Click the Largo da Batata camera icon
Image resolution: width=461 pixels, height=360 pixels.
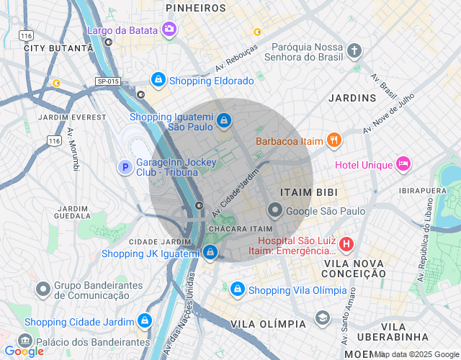(169, 29)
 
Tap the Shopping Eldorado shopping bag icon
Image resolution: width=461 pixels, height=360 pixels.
(158, 79)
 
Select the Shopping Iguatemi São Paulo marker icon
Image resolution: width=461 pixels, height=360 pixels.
(224, 120)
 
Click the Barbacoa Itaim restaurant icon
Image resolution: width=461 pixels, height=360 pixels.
(334, 140)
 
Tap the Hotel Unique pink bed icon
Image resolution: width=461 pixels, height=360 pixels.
(403, 164)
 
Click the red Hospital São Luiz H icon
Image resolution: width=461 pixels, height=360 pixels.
(346, 244)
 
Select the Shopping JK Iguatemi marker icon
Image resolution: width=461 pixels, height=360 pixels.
(210, 252)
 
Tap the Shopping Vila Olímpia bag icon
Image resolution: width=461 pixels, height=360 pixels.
(237, 289)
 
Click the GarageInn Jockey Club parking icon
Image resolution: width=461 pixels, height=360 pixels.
(125, 167)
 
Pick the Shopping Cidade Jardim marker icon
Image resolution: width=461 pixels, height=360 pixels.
(145, 320)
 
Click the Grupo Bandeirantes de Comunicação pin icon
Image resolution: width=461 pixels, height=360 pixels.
(42, 289)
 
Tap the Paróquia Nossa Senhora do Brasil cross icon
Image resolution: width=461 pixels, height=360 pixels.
(354, 50)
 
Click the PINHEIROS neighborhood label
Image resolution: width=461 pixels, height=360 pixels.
(195, 8)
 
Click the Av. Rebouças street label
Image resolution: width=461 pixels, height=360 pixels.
(236, 60)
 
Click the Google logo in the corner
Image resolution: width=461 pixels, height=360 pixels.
(24, 351)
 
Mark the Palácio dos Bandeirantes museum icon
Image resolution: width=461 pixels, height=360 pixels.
(24, 340)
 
